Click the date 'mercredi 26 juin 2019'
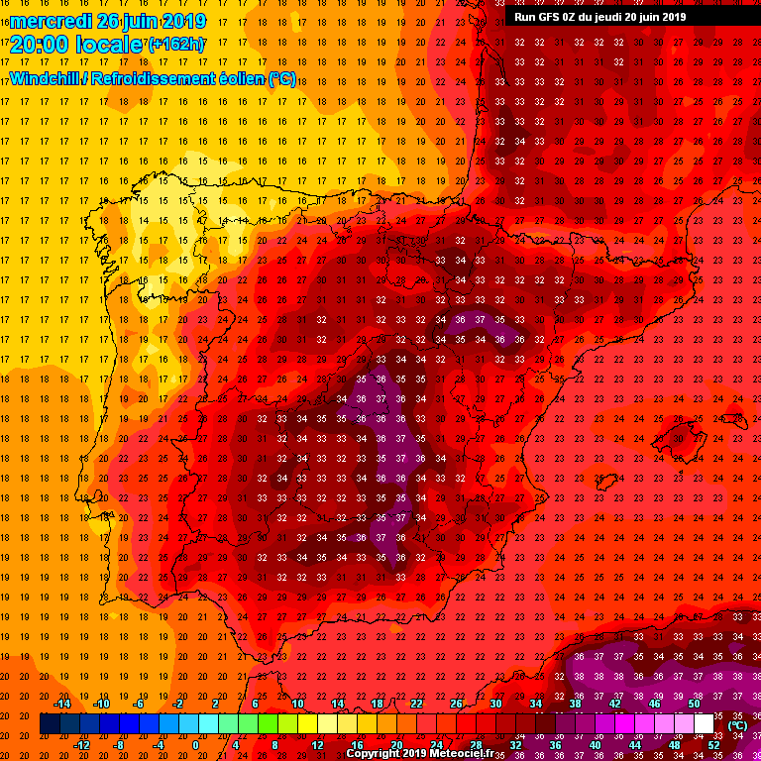(x=108, y=21)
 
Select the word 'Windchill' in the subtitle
(x=46, y=78)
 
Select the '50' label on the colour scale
(x=694, y=704)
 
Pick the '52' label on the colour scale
(x=713, y=744)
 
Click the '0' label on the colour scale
(x=195, y=744)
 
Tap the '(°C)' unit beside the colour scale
(x=737, y=725)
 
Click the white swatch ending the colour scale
(x=704, y=724)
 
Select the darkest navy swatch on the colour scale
(x=50, y=724)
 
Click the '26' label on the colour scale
(x=456, y=704)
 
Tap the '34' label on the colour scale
(x=535, y=704)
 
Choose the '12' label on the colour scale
(x=317, y=744)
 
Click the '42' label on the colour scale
(x=614, y=704)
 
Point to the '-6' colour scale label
(x=140, y=704)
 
